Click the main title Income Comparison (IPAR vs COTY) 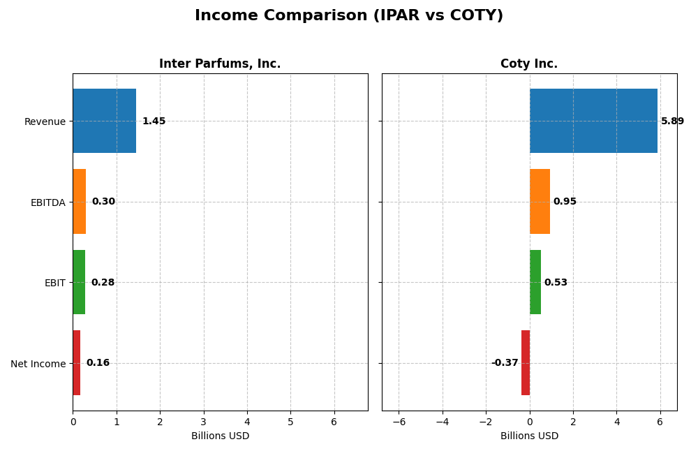pos(348,16)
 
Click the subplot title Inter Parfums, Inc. pos(220,64)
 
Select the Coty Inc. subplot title pos(528,64)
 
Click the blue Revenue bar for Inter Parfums pos(104,121)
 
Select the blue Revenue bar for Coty pos(593,121)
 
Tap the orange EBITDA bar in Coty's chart pos(540,202)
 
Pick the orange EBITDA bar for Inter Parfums pos(79,202)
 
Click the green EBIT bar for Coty pos(535,282)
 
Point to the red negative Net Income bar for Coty pos(526,363)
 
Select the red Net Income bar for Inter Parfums pos(76,363)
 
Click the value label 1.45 pos(154,121)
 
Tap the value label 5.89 pos(672,121)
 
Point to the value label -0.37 pos(505,363)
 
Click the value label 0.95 pos(565,202)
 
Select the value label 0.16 pos(98,363)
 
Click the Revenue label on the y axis pos(45,122)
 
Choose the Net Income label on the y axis pos(38,364)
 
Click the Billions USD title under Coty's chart pos(529,436)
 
